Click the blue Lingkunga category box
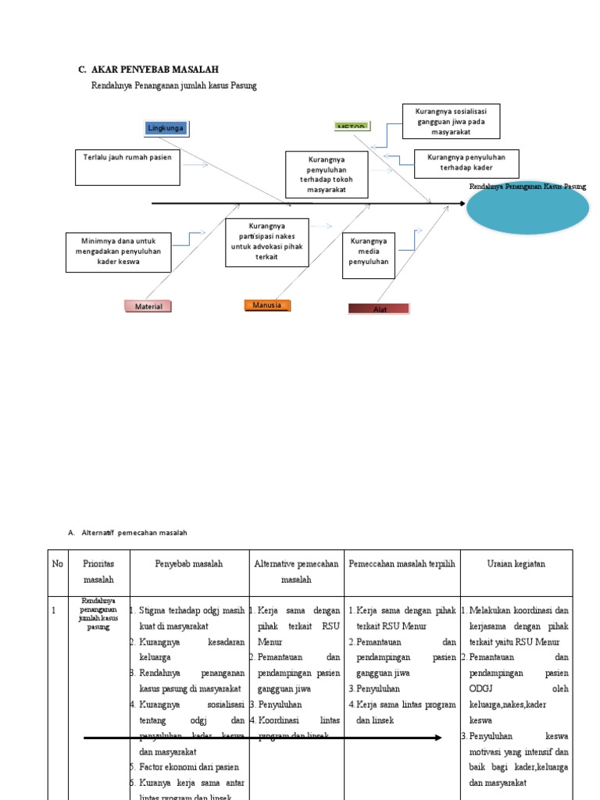(x=166, y=128)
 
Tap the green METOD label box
(x=351, y=126)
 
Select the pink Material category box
(x=148, y=306)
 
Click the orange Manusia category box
(x=267, y=305)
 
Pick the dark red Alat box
(x=379, y=309)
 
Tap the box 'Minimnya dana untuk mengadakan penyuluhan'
(x=118, y=252)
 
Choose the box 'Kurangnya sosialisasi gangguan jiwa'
(x=452, y=121)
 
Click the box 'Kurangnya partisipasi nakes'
(x=266, y=242)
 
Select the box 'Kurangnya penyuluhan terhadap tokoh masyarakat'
(x=326, y=173)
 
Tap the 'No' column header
(x=58, y=563)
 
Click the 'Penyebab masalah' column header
(x=188, y=563)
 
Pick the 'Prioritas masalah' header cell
(x=98, y=571)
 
